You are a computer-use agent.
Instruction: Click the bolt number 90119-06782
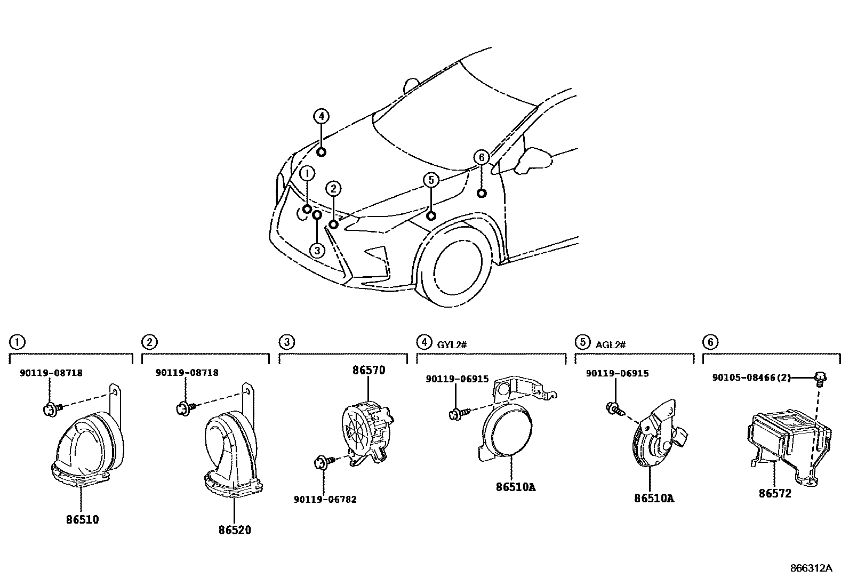pyautogui.click(x=325, y=500)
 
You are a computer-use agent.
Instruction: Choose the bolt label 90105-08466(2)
pyautogui.click(x=751, y=378)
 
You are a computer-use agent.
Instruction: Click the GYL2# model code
pyautogui.click(x=452, y=344)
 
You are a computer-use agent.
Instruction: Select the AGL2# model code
pyautogui.click(x=610, y=344)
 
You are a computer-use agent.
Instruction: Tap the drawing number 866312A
pyautogui.click(x=811, y=568)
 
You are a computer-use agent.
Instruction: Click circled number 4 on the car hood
pyautogui.click(x=321, y=116)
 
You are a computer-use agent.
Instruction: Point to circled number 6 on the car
pyautogui.click(x=481, y=157)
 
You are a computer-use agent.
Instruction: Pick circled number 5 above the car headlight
pyautogui.click(x=431, y=180)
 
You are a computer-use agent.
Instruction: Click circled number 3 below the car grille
pyautogui.click(x=317, y=250)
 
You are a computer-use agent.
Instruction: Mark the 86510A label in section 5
pyautogui.click(x=654, y=499)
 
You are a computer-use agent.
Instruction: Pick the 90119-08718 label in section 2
pyautogui.click(x=187, y=373)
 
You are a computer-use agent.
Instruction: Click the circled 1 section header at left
pyautogui.click(x=17, y=341)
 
